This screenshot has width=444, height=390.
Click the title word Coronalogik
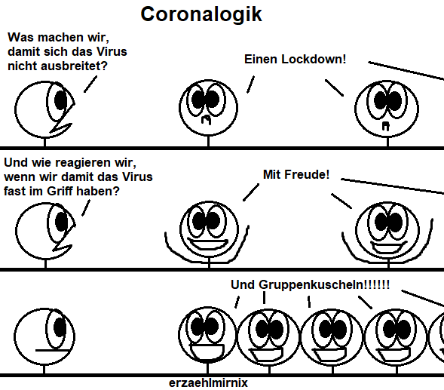201,14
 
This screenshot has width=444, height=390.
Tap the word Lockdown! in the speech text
314,60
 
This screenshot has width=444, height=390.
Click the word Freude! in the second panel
307,174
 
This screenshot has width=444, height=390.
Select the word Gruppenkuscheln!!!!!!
324,285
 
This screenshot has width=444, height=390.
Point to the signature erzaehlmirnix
208,383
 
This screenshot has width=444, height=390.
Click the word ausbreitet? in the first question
74,66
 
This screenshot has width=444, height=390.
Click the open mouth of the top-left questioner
62,127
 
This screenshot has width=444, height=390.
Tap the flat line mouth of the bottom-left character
52,351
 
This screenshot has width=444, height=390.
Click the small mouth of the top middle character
206,120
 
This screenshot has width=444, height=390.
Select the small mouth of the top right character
386,126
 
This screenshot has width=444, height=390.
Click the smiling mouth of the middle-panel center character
209,244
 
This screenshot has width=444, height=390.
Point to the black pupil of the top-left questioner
60,100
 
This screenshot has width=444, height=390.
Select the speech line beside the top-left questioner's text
90,84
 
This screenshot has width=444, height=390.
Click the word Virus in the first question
112,51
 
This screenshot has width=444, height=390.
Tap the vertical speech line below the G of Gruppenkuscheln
264,298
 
